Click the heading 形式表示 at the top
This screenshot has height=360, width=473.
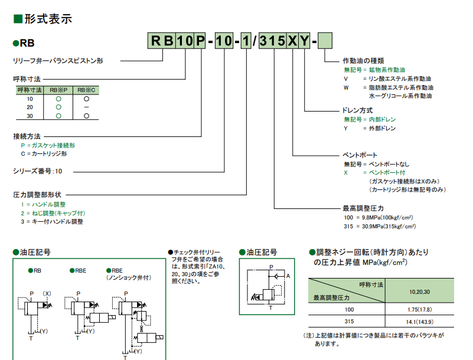(47, 18)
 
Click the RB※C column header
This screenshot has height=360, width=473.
(86, 90)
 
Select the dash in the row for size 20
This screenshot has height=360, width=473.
(86, 107)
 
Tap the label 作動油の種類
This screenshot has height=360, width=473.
(363, 61)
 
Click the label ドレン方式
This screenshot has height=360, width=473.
(358, 110)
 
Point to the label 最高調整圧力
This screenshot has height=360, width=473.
(363, 208)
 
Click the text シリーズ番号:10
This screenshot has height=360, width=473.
(37, 171)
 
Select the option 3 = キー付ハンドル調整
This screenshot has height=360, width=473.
(52, 221)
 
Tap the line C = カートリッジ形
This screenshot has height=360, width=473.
(44, 153)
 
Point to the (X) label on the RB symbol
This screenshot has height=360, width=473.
(47, 293)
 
